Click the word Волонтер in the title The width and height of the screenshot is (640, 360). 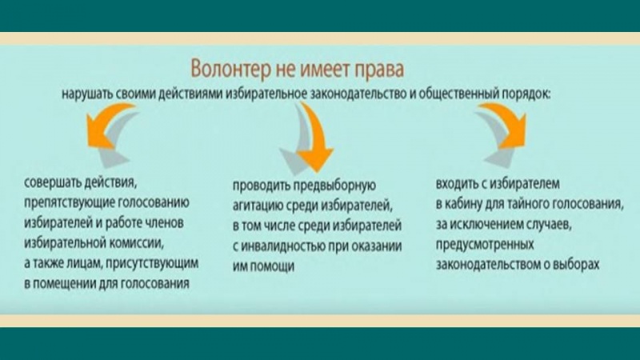coord(230,69)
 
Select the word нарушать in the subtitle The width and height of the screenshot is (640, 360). coord(87,94)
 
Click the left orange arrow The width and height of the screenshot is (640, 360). coord(107,126)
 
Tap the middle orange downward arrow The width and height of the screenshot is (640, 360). coord(314,137)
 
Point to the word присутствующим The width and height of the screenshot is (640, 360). coord(152,263)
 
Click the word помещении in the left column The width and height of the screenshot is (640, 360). coord(64,283)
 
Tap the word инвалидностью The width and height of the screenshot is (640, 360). coord(288,246)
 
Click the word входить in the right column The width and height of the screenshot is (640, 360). coord(456,184)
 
